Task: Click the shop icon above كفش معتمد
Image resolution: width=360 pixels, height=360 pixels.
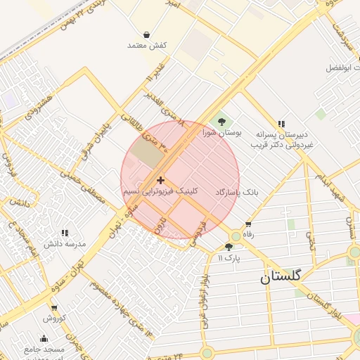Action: tap(146, 34)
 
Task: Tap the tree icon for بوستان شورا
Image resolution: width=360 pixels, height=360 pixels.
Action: tap(223, 121)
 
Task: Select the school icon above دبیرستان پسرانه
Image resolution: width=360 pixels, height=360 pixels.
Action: tap(282, 123)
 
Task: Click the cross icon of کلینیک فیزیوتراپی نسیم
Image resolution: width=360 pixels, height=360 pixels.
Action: tap(161, 181)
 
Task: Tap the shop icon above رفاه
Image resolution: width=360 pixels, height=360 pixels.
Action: tap(247, 225)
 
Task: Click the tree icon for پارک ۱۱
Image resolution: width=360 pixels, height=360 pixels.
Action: tap(229, 247)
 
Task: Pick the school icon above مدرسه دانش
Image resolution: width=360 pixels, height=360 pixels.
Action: tap(65, 233)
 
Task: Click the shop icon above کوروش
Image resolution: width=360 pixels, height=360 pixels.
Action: tap(53, 308)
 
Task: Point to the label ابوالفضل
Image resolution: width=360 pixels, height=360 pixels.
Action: tap(342, 68)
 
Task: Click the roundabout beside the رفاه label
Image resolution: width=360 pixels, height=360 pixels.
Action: tap(236, 236)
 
